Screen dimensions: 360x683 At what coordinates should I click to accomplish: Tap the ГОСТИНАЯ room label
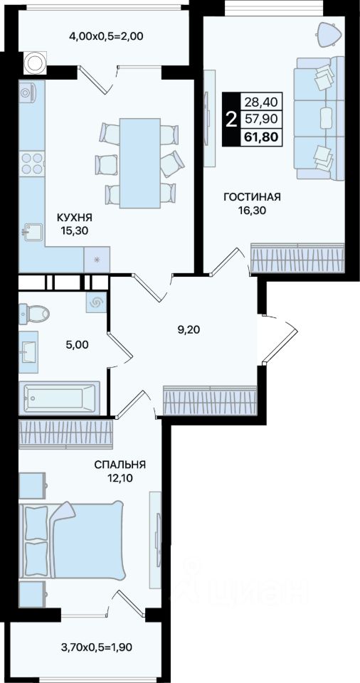(252, 197)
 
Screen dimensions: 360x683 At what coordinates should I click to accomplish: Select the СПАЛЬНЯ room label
(120, 465)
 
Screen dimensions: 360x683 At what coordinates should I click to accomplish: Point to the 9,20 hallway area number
(189, 329)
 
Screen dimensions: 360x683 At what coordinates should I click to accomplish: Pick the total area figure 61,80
(262, 137)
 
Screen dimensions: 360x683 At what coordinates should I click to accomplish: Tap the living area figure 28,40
(262, 102)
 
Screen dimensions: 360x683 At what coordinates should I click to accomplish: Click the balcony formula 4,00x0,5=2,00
(106, 36)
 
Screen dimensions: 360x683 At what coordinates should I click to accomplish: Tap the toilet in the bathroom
(34, 312)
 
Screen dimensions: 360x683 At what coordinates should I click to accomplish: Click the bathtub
(60, 397)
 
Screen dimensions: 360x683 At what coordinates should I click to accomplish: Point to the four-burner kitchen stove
(32, 164)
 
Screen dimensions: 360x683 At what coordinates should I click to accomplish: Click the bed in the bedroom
(72, 541)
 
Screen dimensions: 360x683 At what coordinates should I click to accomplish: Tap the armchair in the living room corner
(329, 33)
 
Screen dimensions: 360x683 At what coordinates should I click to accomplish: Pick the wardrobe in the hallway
(210, 401)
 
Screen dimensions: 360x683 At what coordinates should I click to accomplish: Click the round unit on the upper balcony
(33, 62)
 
